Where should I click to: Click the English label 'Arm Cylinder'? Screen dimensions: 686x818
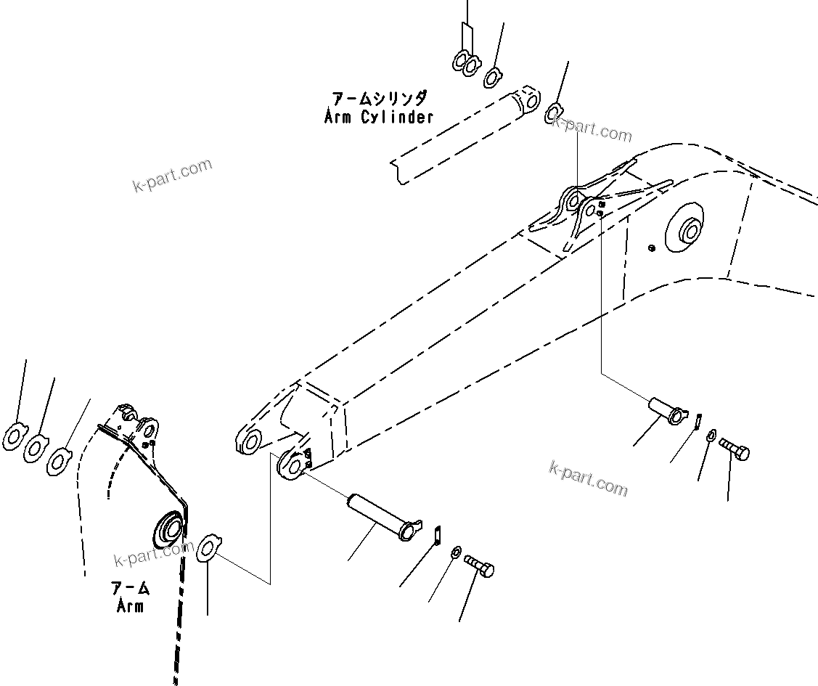tap(378, 117)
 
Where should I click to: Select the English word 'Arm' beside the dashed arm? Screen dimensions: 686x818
tap(130, 606)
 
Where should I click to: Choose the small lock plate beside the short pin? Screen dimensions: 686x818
tap(698, 420)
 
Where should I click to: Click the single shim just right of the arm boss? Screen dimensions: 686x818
tap(208, 547)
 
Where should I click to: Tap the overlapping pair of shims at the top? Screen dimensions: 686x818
tap(465, 62)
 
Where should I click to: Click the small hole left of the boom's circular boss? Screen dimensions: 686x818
tap(651, 248)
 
